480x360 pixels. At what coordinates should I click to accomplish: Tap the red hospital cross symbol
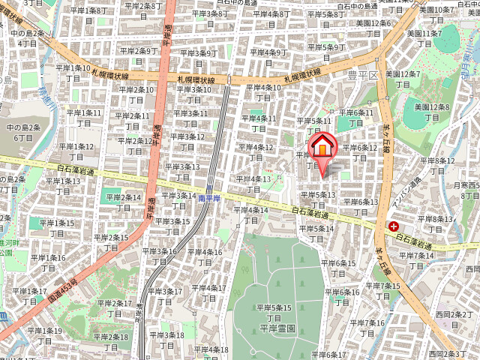click(394, 226)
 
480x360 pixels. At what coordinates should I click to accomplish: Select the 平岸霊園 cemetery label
click(274, 328)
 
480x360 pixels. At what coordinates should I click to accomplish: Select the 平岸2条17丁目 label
click(114, 308)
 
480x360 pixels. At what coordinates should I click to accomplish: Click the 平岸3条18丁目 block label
click(166, 340)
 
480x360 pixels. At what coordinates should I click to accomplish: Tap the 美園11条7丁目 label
click(425, 38)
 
